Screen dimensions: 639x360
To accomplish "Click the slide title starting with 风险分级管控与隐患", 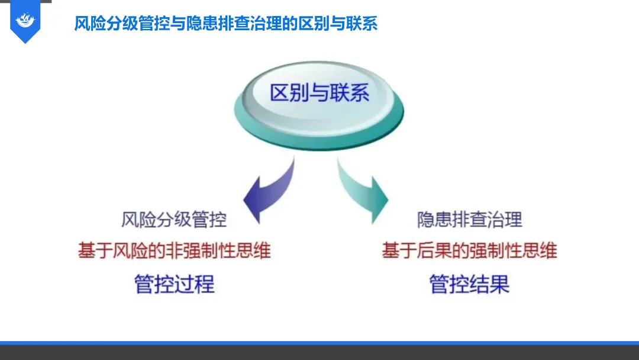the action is [x=225, y=24].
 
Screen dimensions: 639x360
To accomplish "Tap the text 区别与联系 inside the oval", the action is [x=319, y=93].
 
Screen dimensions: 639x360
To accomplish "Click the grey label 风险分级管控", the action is [x=174, y=220].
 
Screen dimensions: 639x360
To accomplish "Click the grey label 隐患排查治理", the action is [x=469, y=220].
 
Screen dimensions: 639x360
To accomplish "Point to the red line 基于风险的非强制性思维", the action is [x=174, y=250].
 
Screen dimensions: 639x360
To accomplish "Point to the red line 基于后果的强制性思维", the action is [x=469, y=250].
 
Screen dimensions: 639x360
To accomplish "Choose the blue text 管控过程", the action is [x=174, y=284].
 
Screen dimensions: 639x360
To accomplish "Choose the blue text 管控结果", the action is [x=469, y=284].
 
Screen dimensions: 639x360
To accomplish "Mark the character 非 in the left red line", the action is [x=175, y=250].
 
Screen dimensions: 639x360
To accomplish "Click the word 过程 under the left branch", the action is [x=195, y=284].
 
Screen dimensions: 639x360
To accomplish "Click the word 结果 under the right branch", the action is [x=490, y=284].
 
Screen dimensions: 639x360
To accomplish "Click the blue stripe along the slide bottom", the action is [x=319, y=343].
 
